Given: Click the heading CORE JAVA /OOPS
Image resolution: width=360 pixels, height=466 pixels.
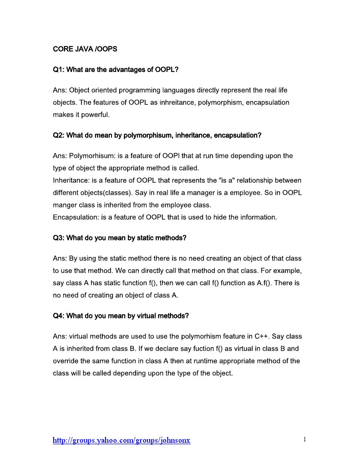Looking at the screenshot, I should tap(85, 49).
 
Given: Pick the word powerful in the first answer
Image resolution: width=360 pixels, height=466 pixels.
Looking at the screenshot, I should tap(96, 115).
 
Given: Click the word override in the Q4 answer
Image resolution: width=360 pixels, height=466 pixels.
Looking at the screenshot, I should tap(65, 361).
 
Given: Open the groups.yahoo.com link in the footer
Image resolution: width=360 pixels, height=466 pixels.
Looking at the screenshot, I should tap(122, 440).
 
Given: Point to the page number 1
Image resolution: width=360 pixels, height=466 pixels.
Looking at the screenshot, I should tap(304, 440).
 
